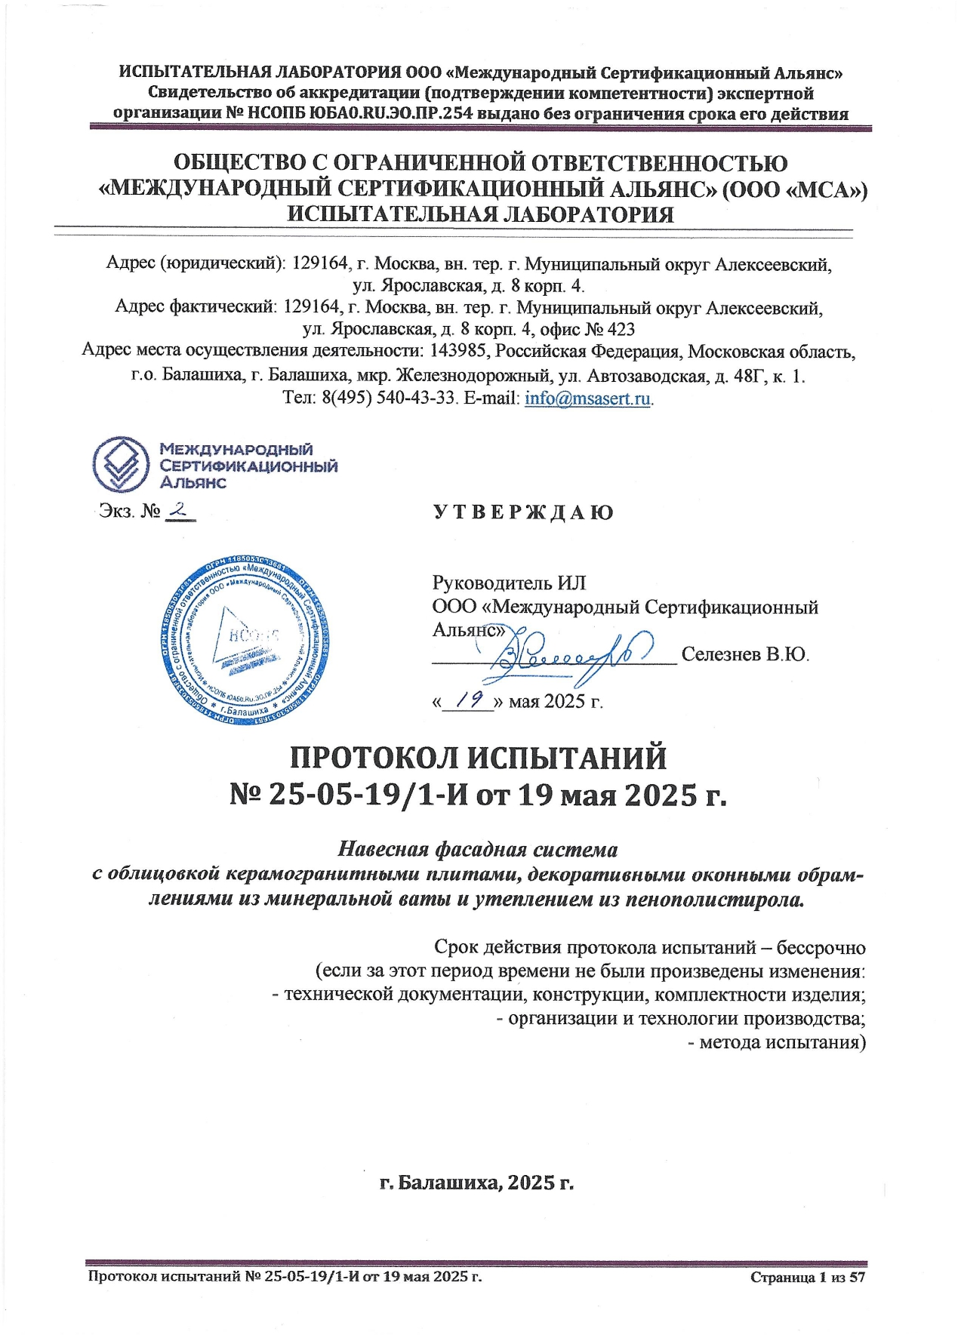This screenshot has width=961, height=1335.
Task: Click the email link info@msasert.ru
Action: pyautogui.click(x=587, y=398)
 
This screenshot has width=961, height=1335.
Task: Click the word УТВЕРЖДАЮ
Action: pyautogui.click(x=523, y=512)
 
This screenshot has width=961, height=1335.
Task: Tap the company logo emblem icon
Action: pyautogui.click(x=120, y=463)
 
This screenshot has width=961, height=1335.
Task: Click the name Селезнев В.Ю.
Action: pyautogui.click(x=745, y=654)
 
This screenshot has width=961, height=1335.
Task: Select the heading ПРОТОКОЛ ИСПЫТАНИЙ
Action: pyautogui.click(x=479, y=757)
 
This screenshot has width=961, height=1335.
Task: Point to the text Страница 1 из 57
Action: pyautogui.click(x=807, y=1277)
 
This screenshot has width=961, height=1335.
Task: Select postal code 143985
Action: pyautogui.click(x=460, y=352)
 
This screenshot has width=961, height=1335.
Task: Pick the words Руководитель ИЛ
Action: pyautogui.click(x=509, y=583)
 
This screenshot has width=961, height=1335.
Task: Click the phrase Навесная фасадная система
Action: pyautogui.click(x=477, y=849)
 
